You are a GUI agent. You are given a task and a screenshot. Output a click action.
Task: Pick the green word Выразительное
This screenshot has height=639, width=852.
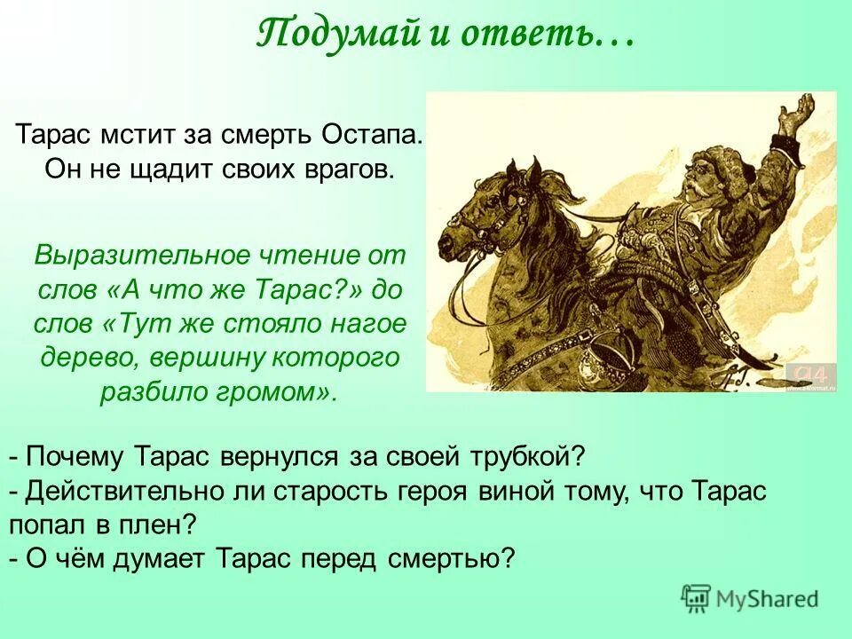click(x=130, y=256)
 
